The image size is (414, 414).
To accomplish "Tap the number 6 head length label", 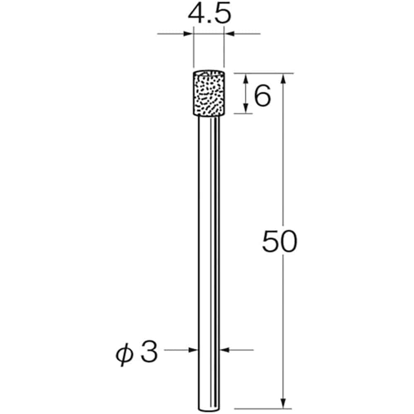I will click(262, 97).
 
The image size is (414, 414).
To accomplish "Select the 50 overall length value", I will click(279, 243).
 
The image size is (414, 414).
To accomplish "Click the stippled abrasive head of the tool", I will click(208, 94).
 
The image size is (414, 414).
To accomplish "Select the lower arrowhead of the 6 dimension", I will click(246, 108).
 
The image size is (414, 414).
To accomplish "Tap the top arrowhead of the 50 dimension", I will click(283, 79).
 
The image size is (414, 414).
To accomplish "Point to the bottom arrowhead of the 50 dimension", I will click(283, 403).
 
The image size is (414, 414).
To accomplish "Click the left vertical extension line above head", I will click(193, 50).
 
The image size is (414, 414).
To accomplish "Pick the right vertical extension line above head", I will click(224, 50).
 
